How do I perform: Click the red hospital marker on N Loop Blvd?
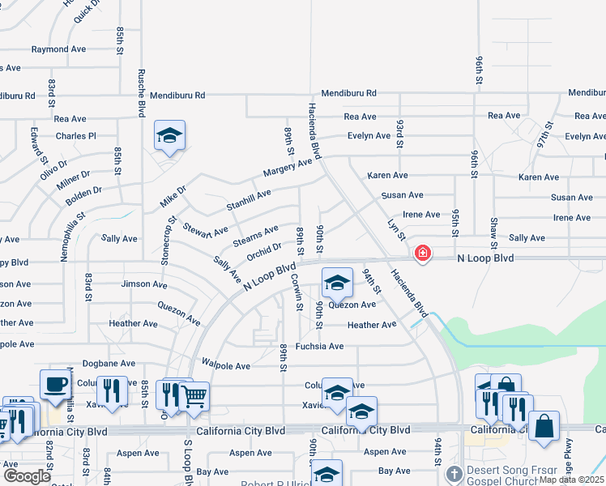coord(422,254)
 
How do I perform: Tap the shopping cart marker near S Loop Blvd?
coord(194,396)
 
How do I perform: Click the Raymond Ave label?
coord(58,49)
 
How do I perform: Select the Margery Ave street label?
coord(288,168)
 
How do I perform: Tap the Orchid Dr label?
coord(266,252)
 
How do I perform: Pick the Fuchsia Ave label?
coord(319,346)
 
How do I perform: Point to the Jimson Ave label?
coord(143,284)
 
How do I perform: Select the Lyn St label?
coord(395,229)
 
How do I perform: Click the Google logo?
coord(27,476)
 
